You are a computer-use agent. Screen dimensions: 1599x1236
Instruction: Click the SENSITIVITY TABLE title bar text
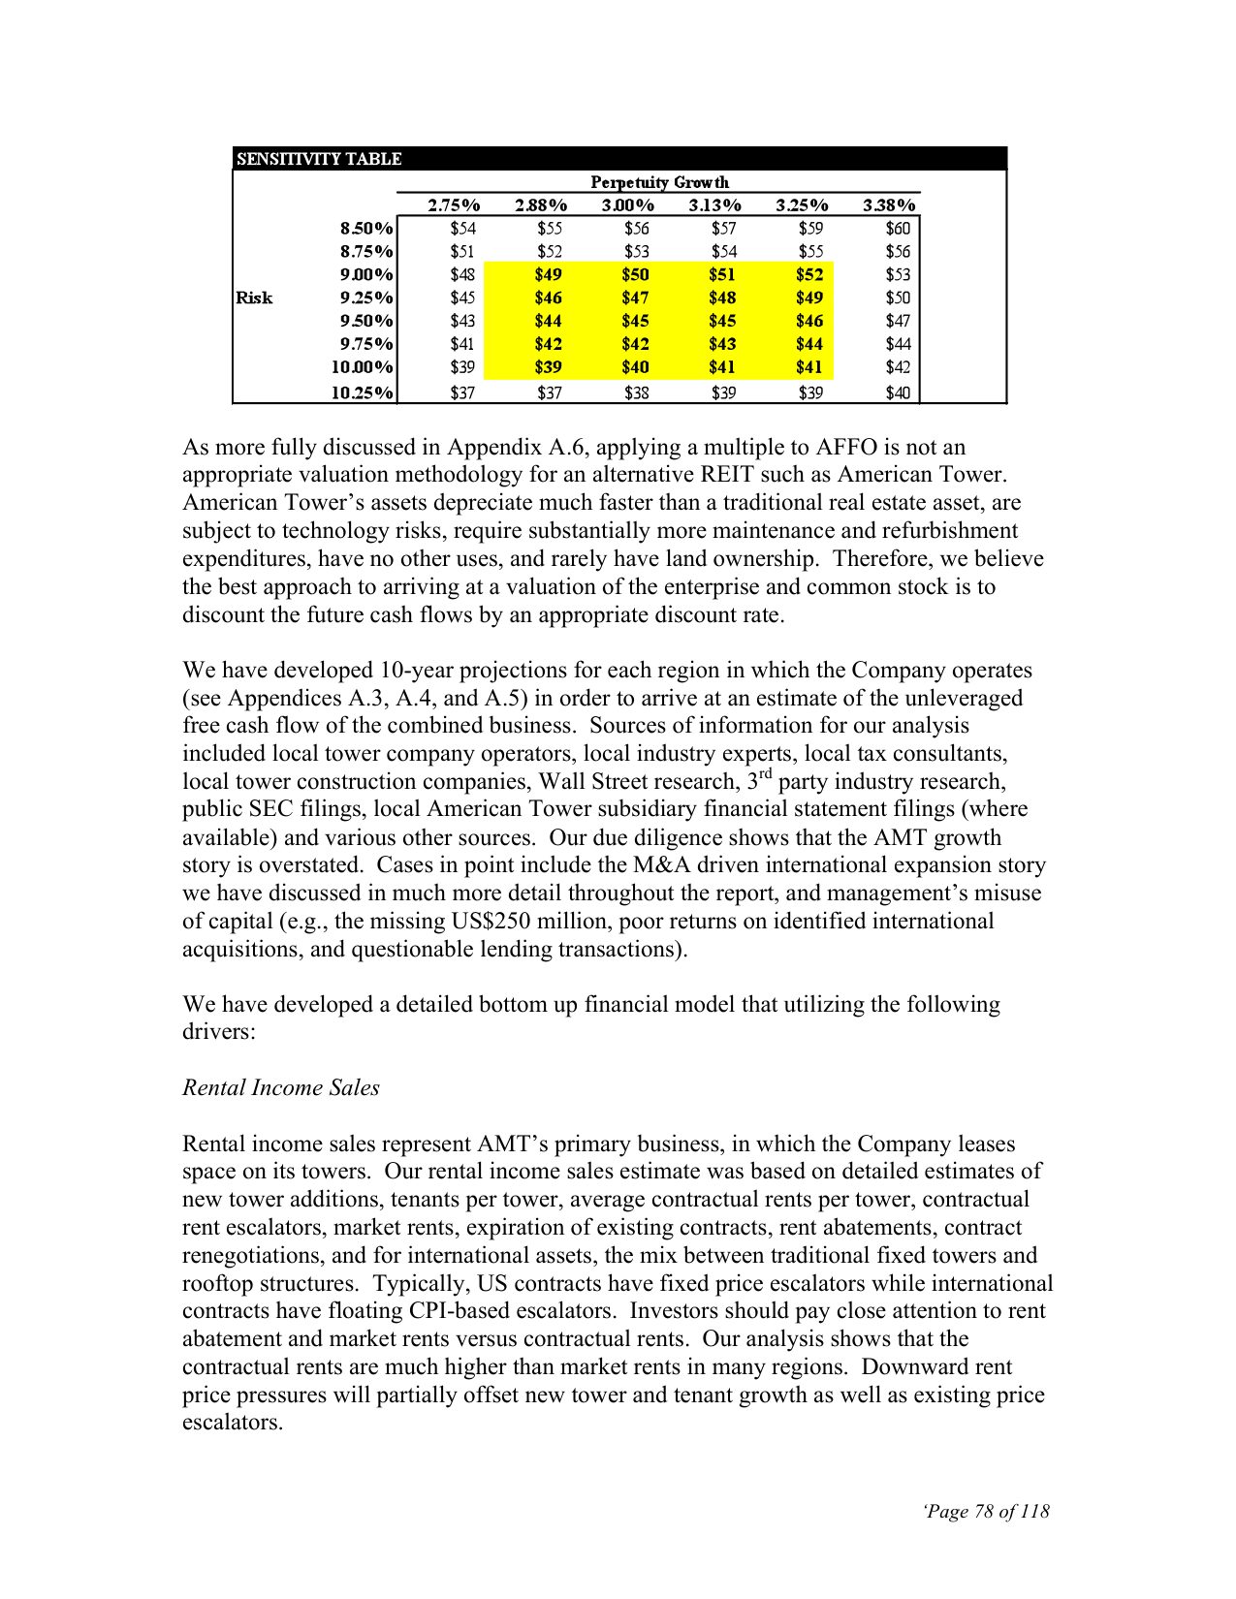click(x=319, y=159)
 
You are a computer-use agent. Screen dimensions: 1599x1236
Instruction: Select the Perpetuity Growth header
click(x=659, y=182)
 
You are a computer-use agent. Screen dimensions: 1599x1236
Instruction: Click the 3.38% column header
click(x=889, y=204)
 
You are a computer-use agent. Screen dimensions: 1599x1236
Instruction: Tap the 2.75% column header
click(x=454, y=204)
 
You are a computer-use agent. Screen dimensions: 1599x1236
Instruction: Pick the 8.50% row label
click(x=366, y=229)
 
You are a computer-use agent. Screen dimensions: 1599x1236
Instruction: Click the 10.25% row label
click(x=363, y=392)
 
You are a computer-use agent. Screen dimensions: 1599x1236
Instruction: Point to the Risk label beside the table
click(x=254, y=298)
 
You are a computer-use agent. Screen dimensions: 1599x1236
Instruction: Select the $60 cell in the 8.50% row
click(x=898, y=229)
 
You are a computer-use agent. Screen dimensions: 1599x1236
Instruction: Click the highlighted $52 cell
click(x=809, y=274)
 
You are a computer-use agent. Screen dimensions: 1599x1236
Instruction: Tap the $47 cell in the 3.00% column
click(x=635, y=298)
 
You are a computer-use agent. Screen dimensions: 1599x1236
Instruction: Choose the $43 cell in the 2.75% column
click(x=462, y=321)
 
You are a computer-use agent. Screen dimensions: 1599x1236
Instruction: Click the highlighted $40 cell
click(x=635, y=367)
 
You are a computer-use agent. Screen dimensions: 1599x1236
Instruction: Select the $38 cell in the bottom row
click(x=636, y=392)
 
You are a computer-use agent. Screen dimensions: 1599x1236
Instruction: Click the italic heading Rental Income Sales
click(x=281, y=1087)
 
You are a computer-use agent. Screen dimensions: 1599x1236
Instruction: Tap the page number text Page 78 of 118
click(x=987, y=1511)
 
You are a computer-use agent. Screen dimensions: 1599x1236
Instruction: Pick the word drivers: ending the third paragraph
click(x=218, y=1032)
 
